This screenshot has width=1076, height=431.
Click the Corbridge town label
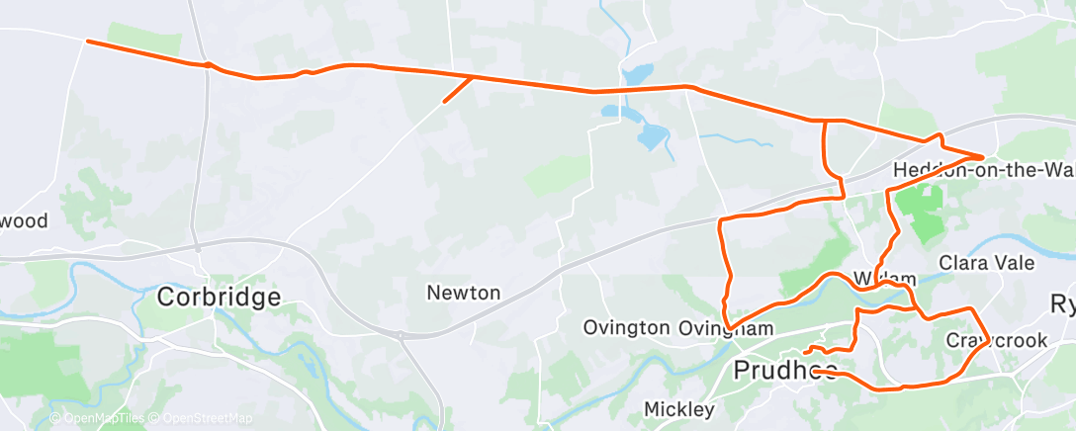pyautogui.click(x=219, y=297)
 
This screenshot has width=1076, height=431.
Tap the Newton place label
pyautogui.click(x=464, y=293)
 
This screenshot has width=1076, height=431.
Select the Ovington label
pyautogui.click(x=626, y=326)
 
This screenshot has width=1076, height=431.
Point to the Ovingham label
pyautogui.click(x=726, y=326)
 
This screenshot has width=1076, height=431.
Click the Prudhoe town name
pyautogui.click(x=785, y=370)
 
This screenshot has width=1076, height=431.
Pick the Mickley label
pyautogui.click(x=678, y=408)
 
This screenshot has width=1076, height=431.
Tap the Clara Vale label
pyautogui.click(x=986, y=263)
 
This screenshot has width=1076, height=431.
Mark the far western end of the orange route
pyautogui.click(x=88, y=42)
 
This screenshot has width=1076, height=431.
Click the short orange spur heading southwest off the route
pyautogui.click(x=457, y=90)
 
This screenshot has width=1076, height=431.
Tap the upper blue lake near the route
pyautogui.click(x=638, y=74)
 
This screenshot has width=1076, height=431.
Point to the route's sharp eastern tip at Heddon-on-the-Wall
pyautogui.click(x=981, y=156)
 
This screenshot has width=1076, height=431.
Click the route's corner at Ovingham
pyautogui.click(x=728, y=328)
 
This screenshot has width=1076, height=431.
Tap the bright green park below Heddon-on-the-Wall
pyautogui.click(x=923, y=210)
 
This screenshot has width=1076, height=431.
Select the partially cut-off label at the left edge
pyautogui.click(x=24, y=220)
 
